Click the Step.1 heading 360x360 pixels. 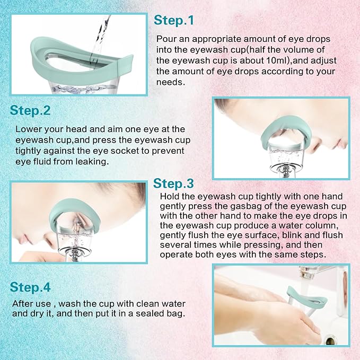(174, 21)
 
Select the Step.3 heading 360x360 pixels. (173, 183)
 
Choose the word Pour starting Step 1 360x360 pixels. (166, 39)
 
